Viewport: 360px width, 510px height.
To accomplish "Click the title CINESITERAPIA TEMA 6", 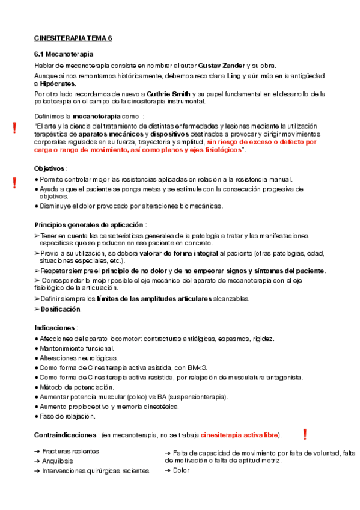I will [73, 38].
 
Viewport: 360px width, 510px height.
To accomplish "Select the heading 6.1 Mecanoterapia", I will [63, 55].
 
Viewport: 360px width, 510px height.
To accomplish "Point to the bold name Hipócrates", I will [57, 84].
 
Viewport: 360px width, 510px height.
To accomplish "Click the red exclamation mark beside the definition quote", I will [14, 127].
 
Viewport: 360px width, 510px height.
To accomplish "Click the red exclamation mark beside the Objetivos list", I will [14, 183].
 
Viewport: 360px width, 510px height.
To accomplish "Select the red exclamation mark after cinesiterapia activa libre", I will [305, 434].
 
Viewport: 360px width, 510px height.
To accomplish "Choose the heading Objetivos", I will [50, 168].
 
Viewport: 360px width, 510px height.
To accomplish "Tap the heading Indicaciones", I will [55, 328].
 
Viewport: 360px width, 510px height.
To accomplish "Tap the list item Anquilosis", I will [58, 461].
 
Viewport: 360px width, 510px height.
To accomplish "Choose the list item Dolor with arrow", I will [180, 470].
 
